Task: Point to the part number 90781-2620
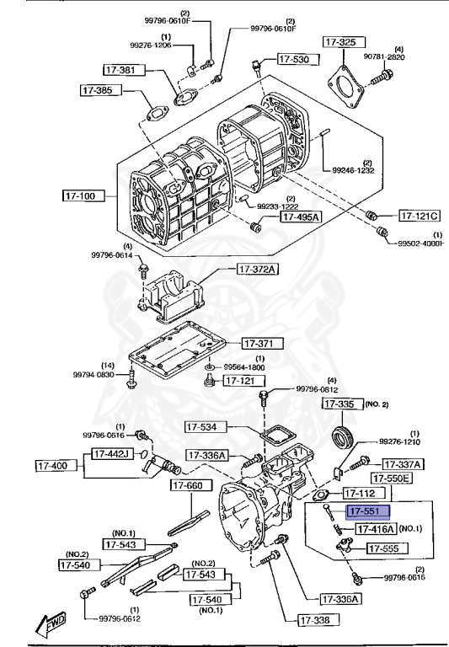click(412, 56)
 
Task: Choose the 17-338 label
click(318, 620)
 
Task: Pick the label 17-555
click(388, 548)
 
